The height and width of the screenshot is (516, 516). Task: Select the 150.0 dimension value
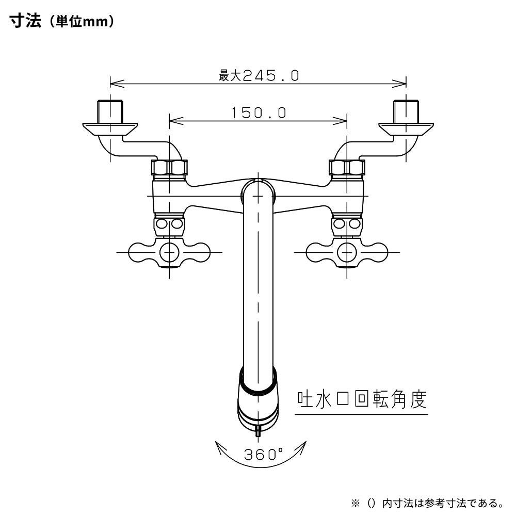point(259,113)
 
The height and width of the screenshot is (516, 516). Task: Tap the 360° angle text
point(263,455)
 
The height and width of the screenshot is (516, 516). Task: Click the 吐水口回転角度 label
point(362,399)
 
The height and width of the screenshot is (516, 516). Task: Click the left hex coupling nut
point(169,168)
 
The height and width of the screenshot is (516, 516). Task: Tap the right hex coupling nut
point(347,168)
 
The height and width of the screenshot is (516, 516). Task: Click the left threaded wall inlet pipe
point(110,109)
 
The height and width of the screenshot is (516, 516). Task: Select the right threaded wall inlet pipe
point(406,109)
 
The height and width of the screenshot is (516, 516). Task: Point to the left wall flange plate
point(110,127)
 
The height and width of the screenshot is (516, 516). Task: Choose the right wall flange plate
point(406,127)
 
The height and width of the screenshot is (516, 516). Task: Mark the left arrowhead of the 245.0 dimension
point(115,83)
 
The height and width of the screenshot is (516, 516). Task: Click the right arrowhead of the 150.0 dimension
point(343,121)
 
